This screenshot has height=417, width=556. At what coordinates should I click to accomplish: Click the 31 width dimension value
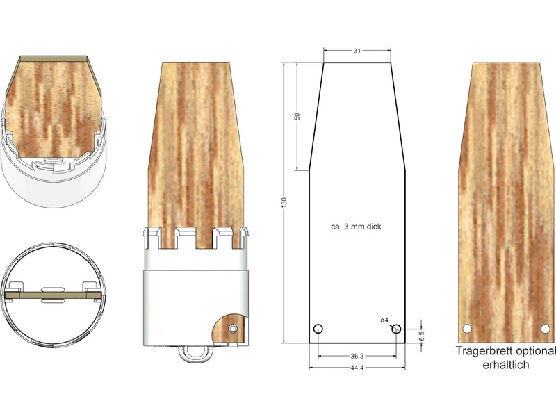coord(357,51)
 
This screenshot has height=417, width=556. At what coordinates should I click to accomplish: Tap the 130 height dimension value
coord(284,203)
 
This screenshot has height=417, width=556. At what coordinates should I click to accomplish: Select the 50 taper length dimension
coord(297,116)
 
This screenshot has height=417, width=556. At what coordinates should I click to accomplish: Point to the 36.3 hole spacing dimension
coord(357,356)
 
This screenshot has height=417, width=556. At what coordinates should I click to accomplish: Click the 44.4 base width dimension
coord(357,368)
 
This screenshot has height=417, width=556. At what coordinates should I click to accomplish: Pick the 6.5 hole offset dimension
coord(421,336)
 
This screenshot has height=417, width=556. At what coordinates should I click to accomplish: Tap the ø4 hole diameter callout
coord(384,320)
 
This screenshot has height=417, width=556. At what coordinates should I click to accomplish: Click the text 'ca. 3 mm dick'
coord(356,227)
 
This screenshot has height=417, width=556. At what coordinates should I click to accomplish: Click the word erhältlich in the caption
coord(506,364)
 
